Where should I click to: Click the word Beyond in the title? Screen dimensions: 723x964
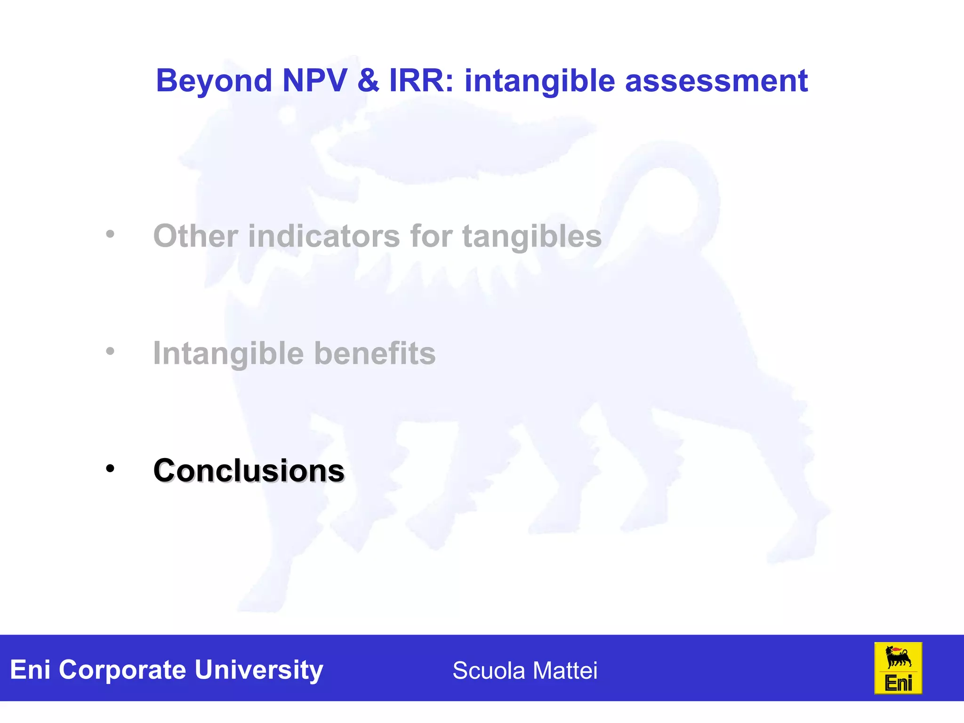[214, 81]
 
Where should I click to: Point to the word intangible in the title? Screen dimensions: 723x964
[539, 81]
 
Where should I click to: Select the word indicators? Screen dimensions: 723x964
[324, 236]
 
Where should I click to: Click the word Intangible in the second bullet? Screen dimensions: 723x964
[228, 353]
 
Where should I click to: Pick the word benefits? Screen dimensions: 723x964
[375, 353]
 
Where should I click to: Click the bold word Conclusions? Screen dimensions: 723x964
[249, 471]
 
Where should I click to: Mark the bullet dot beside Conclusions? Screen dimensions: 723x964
[110, 468]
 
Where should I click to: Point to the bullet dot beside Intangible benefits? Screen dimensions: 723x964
[110, 351]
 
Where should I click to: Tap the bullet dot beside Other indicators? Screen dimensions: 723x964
[110, 234]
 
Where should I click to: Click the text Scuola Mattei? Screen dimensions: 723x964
[525, 670]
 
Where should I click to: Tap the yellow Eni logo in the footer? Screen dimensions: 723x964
[898, 668]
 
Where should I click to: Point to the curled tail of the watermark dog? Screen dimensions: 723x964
[678, 188]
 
